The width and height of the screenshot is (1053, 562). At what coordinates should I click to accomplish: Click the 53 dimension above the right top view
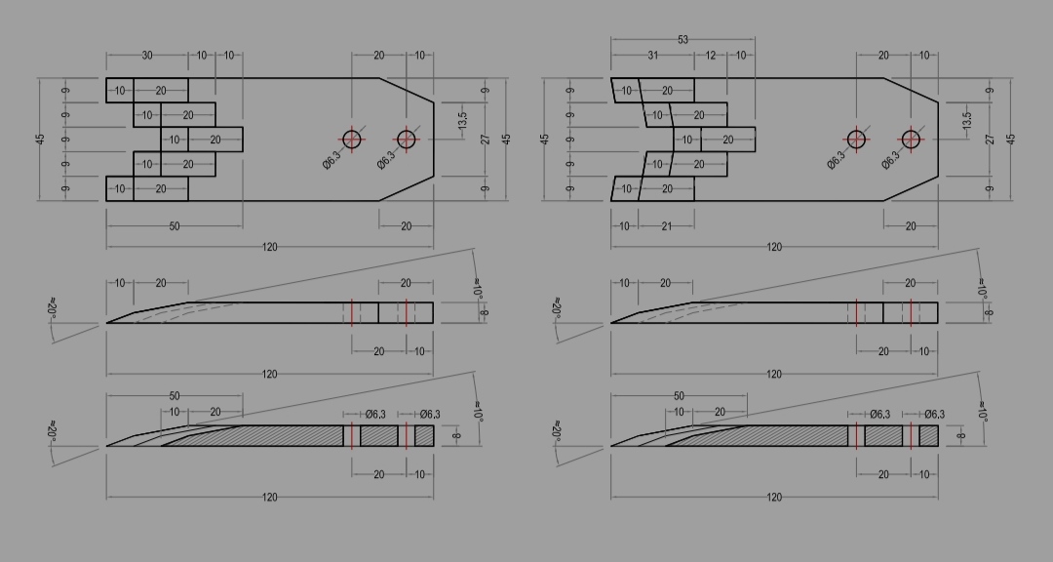click(682, 40)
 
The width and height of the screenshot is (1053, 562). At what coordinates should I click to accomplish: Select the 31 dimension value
click(652, 55)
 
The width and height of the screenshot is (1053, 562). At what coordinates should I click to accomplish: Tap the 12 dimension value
click(711, 55)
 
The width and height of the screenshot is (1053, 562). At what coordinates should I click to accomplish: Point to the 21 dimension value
click(666, 226)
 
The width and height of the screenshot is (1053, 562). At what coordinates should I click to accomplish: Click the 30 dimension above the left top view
click(147, 55)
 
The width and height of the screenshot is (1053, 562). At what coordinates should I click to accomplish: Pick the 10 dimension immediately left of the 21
click(624, 226)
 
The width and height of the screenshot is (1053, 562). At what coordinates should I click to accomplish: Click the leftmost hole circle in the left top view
click(352, 140)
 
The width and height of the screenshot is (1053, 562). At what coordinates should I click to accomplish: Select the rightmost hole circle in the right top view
click(911, 140)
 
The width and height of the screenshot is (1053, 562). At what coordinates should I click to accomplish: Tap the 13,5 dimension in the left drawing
click(462, 120)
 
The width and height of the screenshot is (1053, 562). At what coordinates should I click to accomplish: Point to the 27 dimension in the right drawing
click(990, 140)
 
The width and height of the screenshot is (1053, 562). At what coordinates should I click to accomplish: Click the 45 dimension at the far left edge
click(40, 140)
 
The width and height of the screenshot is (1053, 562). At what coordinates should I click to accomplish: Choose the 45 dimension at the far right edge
click(1011, 140)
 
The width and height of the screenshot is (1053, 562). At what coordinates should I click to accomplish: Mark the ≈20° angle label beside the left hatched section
click(53, 431)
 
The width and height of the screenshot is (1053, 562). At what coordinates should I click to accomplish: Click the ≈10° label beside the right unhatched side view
click(981, 289)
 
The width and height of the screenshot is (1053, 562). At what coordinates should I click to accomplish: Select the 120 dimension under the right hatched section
click(774, 498)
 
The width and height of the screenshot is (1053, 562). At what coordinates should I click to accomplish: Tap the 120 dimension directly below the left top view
click(269, 248)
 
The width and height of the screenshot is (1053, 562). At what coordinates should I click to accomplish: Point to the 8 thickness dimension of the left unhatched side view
click(485, 312)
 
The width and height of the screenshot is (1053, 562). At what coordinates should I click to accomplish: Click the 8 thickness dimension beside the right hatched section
click(961, 435)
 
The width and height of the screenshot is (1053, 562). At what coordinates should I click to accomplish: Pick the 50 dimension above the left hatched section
click(175, 396)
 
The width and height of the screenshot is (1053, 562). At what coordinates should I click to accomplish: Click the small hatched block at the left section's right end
click(424, 435)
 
